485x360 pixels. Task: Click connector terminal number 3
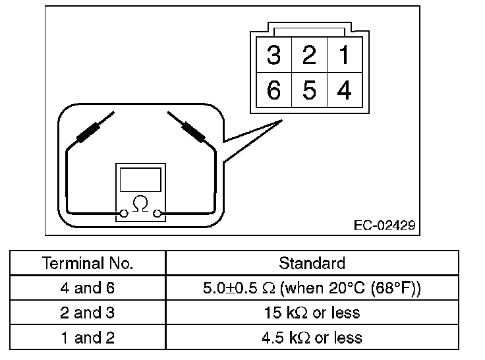[273, 55]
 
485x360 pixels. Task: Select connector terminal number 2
[308, 55]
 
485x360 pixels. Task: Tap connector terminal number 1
[343, 55]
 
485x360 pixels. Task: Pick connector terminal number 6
[273, 90]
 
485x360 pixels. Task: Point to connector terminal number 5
[308, 90]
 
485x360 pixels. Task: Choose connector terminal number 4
[343, 90]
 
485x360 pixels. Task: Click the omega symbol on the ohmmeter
[140, 204]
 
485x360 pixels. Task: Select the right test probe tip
[171, 115]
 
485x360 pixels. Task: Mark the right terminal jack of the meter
[157, 212]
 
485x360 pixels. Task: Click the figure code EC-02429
[384, 225]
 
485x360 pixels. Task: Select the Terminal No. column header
[88, 264]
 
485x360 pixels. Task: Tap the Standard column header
[312, 264]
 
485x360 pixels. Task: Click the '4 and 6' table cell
[88, 288]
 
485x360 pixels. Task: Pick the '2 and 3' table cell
[88, 313]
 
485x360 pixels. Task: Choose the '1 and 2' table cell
[88, 338]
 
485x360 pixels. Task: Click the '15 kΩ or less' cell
[312, 313]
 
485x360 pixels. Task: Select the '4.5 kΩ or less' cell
[312, 338]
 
